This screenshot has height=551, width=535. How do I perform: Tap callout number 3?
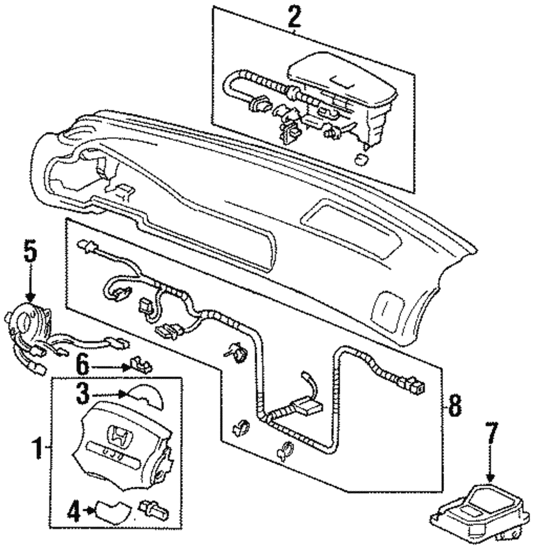(82, 395)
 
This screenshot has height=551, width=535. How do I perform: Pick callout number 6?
(81, 366)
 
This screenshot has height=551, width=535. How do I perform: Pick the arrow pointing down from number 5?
(30, 289)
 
